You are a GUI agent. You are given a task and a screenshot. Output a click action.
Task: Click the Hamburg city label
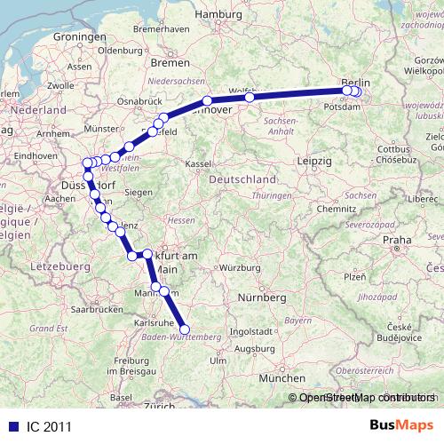point(218,15)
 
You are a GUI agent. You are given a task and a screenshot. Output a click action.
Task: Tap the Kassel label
point(200,165)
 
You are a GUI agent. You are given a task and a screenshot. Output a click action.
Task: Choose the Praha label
point(398,240)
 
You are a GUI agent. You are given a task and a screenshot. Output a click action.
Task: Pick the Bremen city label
point(170,64)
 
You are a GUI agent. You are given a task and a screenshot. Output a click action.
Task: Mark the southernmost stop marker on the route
point(185,329)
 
